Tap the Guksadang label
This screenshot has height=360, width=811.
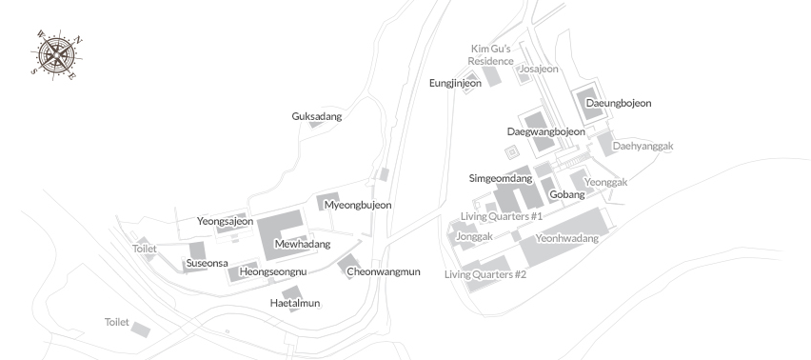(x=316, y=116)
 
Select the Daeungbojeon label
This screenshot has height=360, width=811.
(x=618, y=103)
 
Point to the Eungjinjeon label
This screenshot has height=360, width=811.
(x=455, y=83)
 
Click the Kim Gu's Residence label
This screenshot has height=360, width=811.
(x=492, y=54)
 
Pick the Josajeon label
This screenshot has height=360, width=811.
(x=539, y=69)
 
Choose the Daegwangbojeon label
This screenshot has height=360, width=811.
(x=545, y=131)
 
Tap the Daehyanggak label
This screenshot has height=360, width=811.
(x=643, y=146)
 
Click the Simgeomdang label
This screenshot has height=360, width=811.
(x=501, y=178)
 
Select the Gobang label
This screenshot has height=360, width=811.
(x=567, y=194)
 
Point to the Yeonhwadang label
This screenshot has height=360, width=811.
(x=567, y=238)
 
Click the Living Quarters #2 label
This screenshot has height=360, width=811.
(x=485, y=274)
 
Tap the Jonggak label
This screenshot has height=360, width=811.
(x=474, y=236)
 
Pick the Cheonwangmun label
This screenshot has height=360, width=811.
(x=383, y=271)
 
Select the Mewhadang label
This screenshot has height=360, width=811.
(x=302, y=244)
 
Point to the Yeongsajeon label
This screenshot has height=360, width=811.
(x=226, y=221)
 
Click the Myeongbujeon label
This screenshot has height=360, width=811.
(x=358, y=205)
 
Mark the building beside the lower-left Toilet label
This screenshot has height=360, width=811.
(x=140, y=330)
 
